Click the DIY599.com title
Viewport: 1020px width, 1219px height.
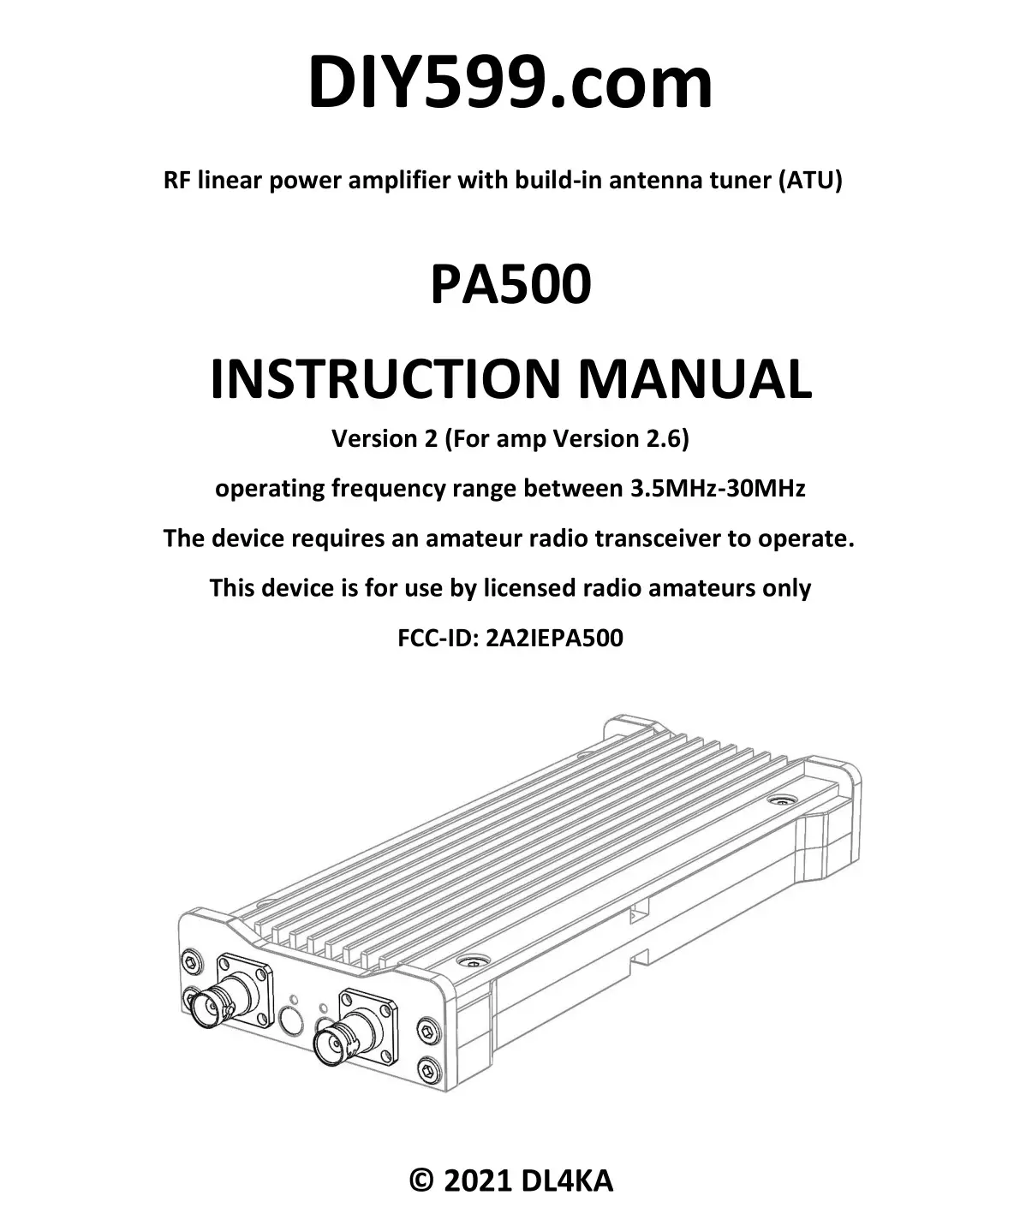tap(510, 82)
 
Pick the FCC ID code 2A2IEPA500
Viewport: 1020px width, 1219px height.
tap(554, 639)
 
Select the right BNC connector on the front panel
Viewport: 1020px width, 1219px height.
tap(336, 1040)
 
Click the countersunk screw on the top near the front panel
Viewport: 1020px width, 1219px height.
tap(473, 961)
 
